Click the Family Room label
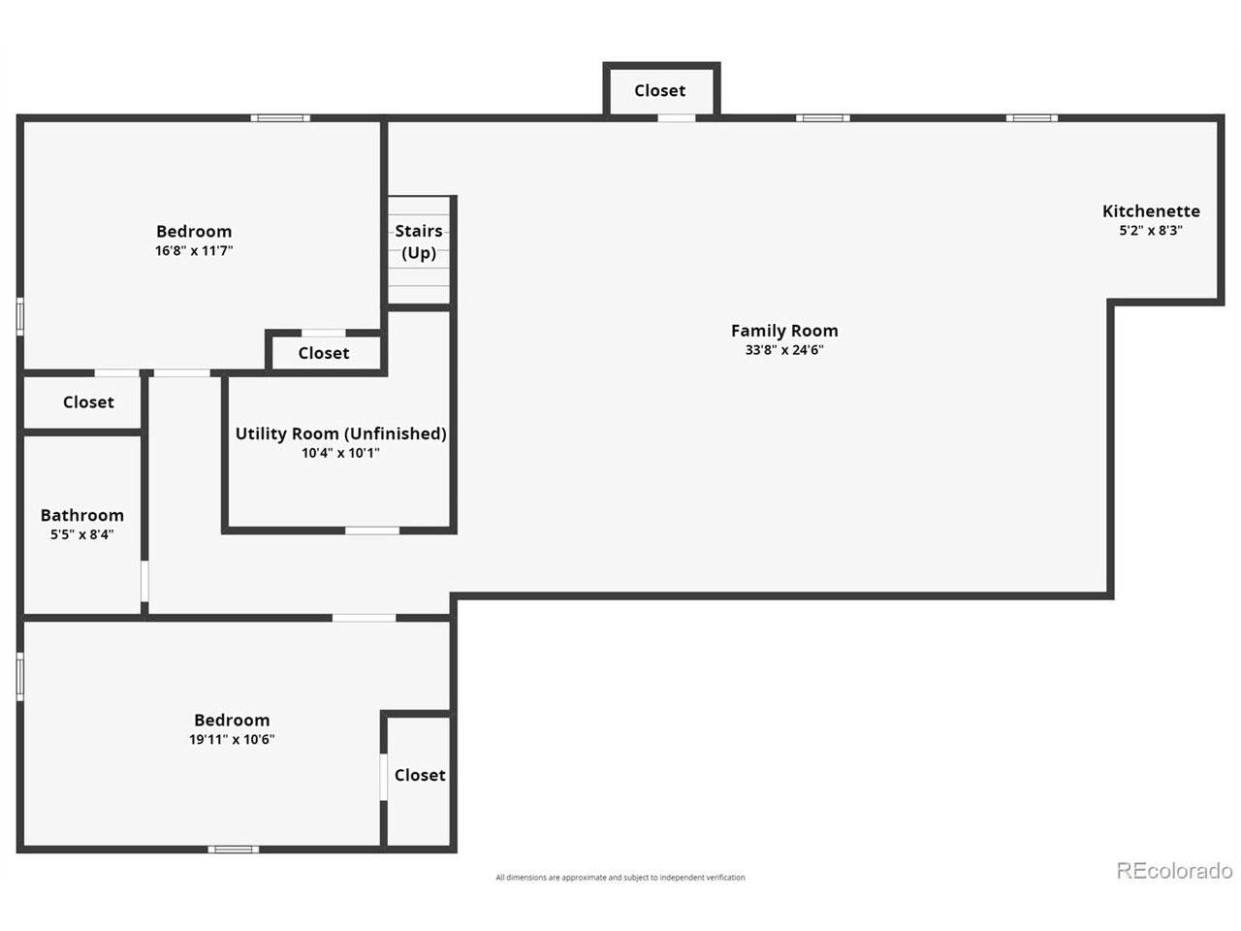tap(784, 331)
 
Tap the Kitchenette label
tap(1151, 211)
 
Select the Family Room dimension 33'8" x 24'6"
tap(784, 350)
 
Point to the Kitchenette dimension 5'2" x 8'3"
tap(1151, 231)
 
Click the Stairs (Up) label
tap(419, 241)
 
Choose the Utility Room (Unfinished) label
tap(340, 433)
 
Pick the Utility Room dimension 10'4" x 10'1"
tap(340, 453)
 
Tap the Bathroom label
tap(82, 515)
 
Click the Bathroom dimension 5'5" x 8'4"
tap(82, 534)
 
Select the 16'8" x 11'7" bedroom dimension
tap(194, 250)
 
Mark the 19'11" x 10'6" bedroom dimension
tap(232, 739)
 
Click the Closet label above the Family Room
tap(659, 90)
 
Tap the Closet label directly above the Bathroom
tap(88, 401)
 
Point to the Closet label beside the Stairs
tap(324, 353)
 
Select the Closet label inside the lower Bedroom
tap(420, 775)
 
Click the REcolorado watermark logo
tap(1174, 870)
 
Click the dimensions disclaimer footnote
tap(620, 878)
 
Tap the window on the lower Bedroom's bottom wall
tap(233, 850)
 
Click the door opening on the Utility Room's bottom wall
tap(372, 530)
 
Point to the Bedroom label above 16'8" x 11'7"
tap(194, 231)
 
